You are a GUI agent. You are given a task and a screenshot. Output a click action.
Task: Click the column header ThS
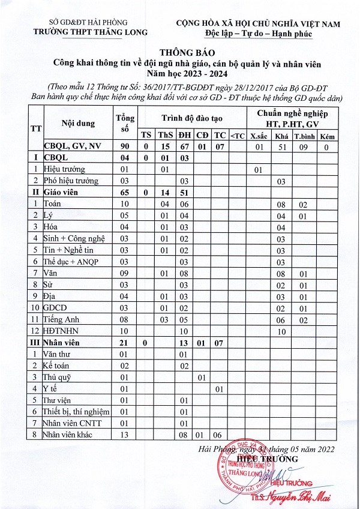pos(164,134)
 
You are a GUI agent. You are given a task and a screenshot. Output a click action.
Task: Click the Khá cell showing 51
pos(280,146)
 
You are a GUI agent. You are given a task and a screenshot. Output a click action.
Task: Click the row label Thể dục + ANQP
pos(70,262)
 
